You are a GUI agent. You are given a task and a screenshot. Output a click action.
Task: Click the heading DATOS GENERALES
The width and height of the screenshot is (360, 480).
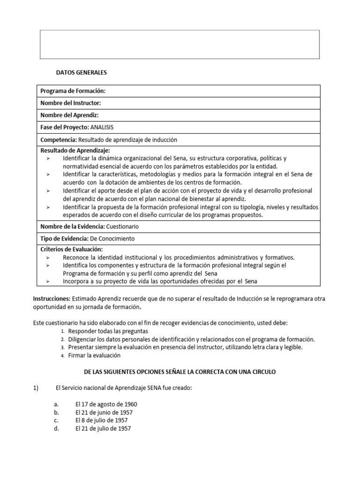point(81,73)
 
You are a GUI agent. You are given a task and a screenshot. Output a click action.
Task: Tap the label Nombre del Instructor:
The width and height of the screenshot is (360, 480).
point(71,103)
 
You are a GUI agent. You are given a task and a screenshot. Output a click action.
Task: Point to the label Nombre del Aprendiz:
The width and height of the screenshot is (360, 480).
point(69,115)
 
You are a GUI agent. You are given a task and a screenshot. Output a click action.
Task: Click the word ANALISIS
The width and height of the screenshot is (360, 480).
point(102,127)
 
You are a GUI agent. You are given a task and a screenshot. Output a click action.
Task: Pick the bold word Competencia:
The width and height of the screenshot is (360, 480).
point(59,140)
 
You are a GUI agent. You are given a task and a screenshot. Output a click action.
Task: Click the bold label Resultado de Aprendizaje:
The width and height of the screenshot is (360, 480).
point(75,150)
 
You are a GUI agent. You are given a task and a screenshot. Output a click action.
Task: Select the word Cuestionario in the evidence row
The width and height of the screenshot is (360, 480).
point(122,226)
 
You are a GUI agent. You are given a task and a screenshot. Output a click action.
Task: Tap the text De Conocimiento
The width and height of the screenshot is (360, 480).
point(112,239)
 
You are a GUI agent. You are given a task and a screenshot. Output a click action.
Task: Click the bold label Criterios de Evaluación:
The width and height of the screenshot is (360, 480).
point(71,249)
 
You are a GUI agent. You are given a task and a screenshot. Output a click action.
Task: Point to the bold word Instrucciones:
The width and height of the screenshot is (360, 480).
point(52,299)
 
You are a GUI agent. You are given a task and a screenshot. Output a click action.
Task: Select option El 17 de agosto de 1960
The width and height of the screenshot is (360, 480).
point(106,404)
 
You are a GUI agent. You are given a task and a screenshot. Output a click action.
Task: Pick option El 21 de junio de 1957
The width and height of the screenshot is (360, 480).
point(104,412)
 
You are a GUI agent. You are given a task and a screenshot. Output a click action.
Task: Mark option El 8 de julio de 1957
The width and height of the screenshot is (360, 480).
point(102,420)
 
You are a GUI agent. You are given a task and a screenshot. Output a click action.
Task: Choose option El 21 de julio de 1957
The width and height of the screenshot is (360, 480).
point(103,428)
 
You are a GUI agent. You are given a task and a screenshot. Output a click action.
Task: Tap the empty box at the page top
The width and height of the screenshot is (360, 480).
point(180,45)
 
